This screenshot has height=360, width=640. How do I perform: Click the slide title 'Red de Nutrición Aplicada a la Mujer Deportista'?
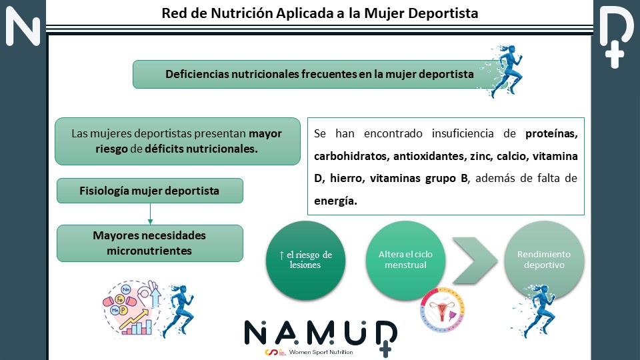[320, 13]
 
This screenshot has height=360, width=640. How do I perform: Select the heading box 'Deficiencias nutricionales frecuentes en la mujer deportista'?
[319, 75]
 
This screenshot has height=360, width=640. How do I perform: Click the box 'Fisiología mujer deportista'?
[150, 191]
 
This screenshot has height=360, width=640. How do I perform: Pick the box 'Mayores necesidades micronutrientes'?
[150, 243]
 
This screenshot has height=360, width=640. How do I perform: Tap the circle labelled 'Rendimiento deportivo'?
[544, 259]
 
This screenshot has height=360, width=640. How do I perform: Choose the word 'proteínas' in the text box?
[551, 134]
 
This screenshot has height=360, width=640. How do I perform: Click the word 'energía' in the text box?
[335, 200]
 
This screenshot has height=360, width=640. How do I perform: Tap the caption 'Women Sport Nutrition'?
[321, 352]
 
